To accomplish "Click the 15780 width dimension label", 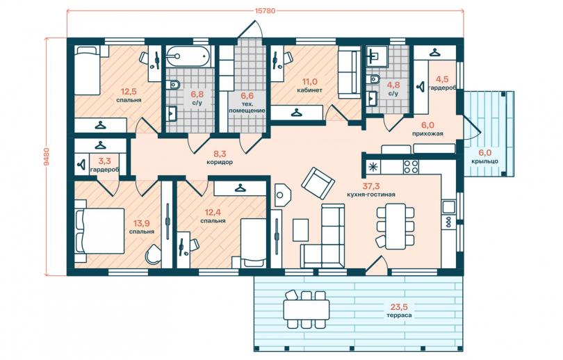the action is pyautogui.click(x=265, y=10).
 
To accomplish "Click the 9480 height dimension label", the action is pyautogui.click(x=47, y=156).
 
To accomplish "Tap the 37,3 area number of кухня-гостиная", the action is pyautogui.click(x=371, y=186).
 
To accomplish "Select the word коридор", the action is pyautogui.click(x=220, y=162).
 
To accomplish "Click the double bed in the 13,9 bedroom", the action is pyautogui.click(x=99, y=231).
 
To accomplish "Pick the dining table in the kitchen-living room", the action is pyautogui.click(x=395, y=226).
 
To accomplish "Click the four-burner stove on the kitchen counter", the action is pyautogui.click(x=411, y=167).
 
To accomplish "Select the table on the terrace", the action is pyautogui.click(x=307, y=310).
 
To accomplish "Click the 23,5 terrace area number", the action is pyautogui.click(x=400, y=307).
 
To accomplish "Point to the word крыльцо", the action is pyautogui.click(x=484, y=161).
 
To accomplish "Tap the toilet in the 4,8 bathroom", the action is pyautogui.click(x=374, y=79).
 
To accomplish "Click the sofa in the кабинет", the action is pyautogui.click(x=349, y=74).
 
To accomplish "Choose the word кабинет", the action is pyautogui.click(x=309, y=90).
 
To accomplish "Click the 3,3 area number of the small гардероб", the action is pyautogui.click(x=104, y=161).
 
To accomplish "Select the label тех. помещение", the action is pyautogui.click(x=247, y=107).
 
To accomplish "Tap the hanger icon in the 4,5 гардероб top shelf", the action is pyautogui.click(x=435, y=53).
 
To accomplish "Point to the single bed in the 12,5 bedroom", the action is pyautogui.click(x=88, y=71).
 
